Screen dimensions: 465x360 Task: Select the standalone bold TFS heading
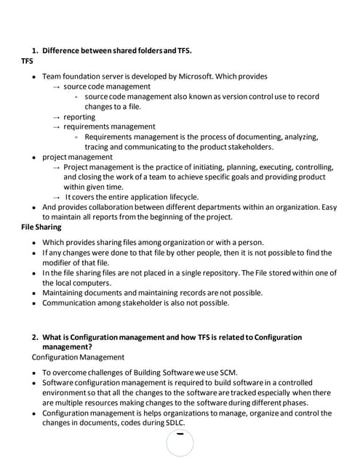(28, 61)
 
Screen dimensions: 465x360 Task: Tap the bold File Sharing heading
(41, 227)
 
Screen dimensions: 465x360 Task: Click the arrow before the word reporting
(56, 116)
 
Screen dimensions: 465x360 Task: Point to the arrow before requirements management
(56, 126)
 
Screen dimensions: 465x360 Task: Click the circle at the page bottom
(180, 442)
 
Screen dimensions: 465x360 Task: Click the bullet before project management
(34, 157)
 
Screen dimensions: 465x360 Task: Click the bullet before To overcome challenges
(34, 372)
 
